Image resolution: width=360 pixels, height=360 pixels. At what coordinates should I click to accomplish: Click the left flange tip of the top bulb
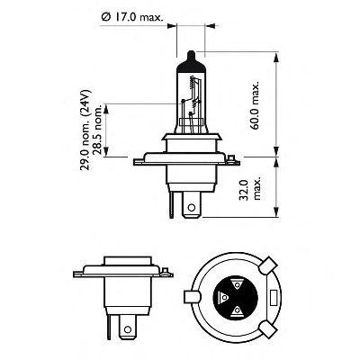tap(134, 164)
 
